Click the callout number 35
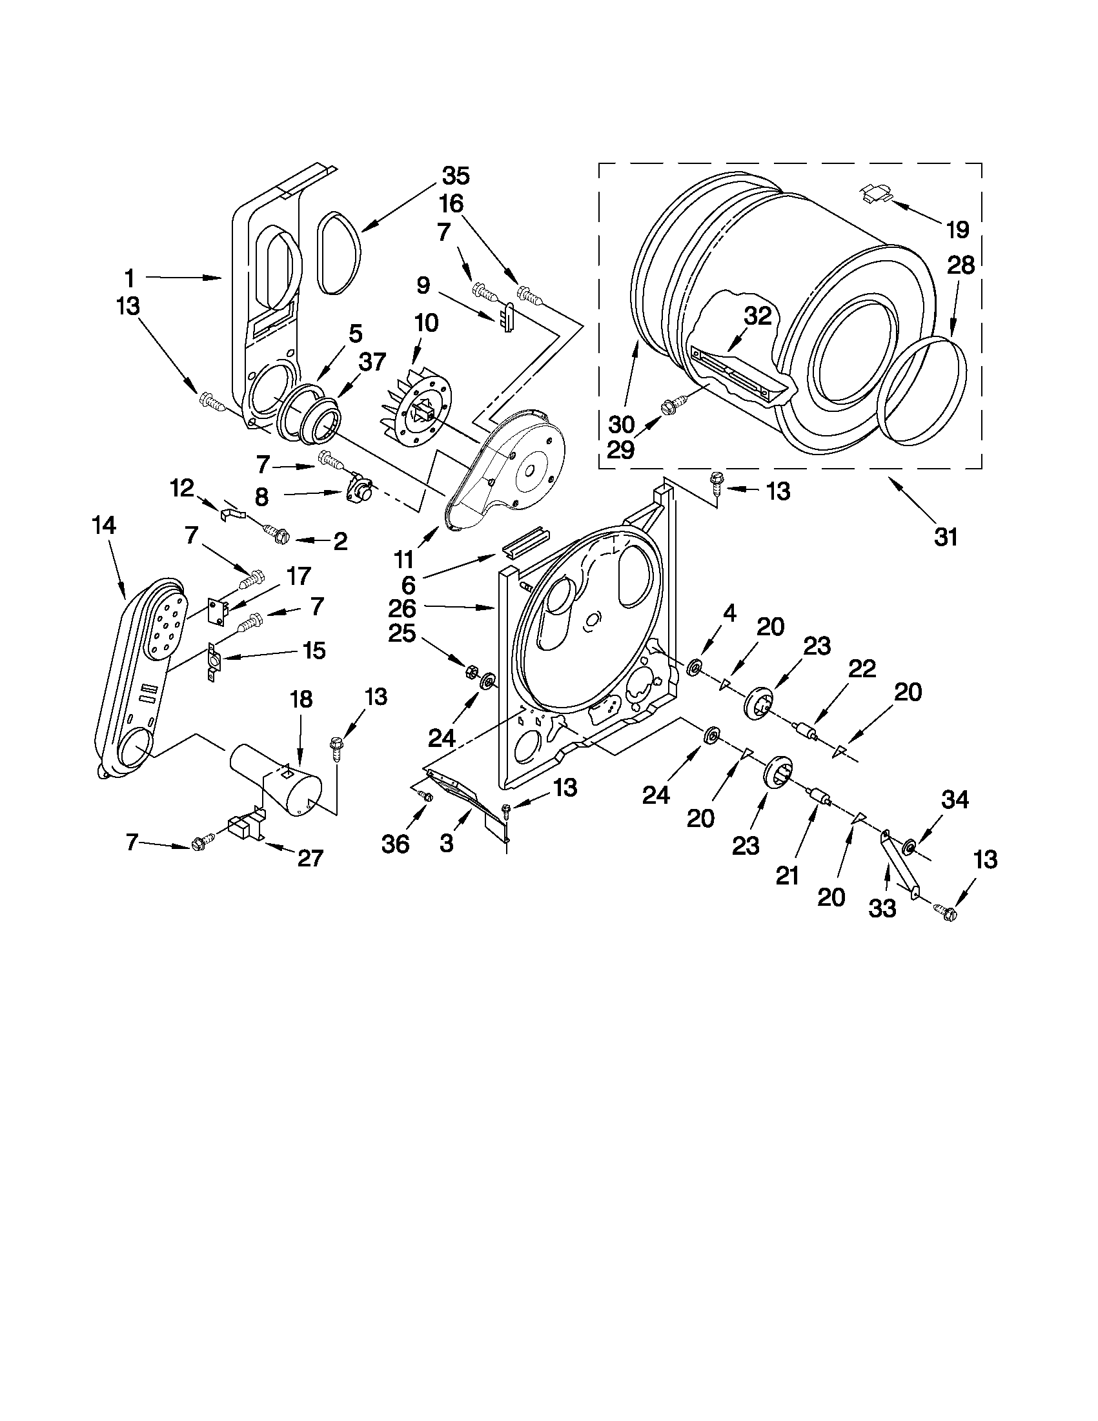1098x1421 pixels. click(456, 176)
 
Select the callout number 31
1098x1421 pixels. click(946, 537)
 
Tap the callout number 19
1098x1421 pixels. click(958, 229)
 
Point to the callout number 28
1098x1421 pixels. click(960, 265)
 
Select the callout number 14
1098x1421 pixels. click(104, 526)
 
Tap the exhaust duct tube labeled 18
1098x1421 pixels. click(273, 779)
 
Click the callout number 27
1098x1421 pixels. click(310, 857)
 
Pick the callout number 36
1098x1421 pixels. click(396, 844)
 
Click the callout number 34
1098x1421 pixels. click(955, 800)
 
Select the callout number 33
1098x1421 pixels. click(882, 908)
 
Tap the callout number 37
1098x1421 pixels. click(372, 362)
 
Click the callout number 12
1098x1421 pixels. click(181, 487)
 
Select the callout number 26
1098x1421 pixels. click(402, 608)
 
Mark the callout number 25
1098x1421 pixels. click(402, 633)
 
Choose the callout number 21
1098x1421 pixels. click(787, 876)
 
